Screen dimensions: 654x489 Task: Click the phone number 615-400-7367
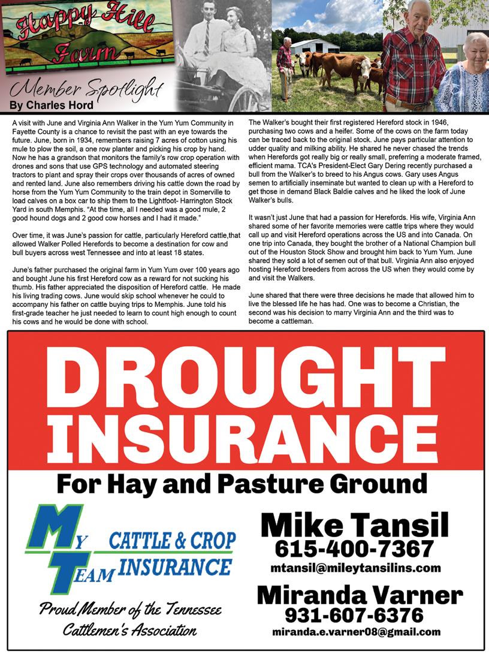coord(354,548)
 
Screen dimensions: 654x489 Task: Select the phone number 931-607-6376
coord(354,615)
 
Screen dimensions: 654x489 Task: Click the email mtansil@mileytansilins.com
coord(355,568)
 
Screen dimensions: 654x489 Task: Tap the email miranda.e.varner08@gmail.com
coord(356,632)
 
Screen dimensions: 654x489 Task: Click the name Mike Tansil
coord(355,526)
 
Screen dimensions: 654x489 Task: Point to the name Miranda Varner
coord(360,595)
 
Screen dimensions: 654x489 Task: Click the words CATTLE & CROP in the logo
coord(173,541)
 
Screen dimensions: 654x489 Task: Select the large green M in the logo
coord(57,528)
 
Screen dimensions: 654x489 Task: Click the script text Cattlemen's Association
coord(129,630)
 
